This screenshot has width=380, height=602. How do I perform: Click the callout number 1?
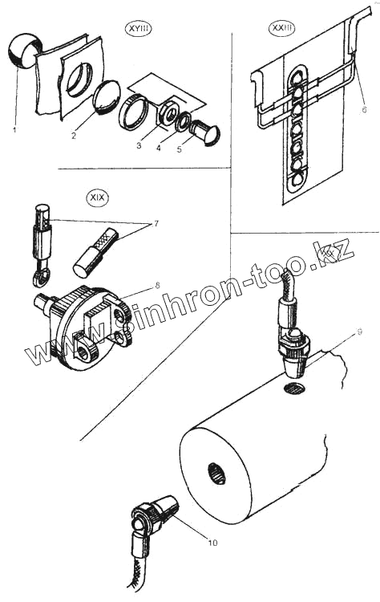point(14,130)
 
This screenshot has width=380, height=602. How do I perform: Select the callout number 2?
point(74,136)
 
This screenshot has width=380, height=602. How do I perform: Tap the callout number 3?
point(139,145)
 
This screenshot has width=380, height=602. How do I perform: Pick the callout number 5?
point(179,149)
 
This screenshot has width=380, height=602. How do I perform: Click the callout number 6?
point(364,109)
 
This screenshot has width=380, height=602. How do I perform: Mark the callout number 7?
point(156,223)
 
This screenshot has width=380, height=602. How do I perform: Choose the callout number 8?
point(157,286)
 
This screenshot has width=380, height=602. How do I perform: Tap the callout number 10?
point(212,543)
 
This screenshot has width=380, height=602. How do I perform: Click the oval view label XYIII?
point(139,29)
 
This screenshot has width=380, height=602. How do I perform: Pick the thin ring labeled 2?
point(106,97)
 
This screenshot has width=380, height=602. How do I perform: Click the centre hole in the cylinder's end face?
point(217,474)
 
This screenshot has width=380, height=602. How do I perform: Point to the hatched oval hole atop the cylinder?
point(294,388)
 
